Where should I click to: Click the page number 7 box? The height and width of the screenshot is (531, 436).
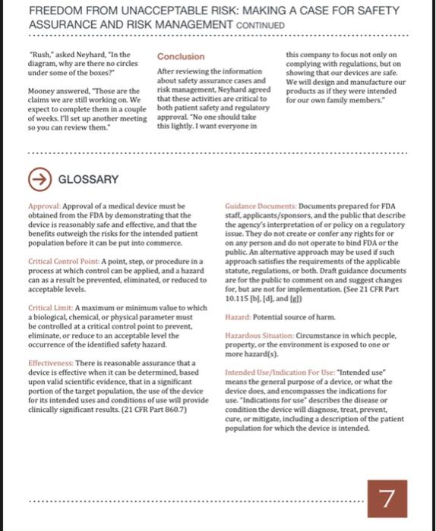(x=388, y=498)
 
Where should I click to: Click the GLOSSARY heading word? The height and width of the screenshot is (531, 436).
(x=89, y=179)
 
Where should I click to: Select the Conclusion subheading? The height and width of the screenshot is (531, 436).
(x=180, y=57)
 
